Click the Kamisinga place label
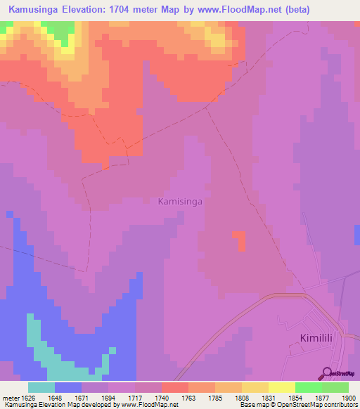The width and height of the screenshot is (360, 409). click(x=181, y=201)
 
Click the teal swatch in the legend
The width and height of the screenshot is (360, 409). click(x=41, y=387)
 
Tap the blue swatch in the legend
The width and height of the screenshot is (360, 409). click(x=67, y=387)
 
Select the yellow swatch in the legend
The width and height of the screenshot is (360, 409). click(x=255, y=387)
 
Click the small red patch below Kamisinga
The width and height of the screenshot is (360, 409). click(x=241, y=240)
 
